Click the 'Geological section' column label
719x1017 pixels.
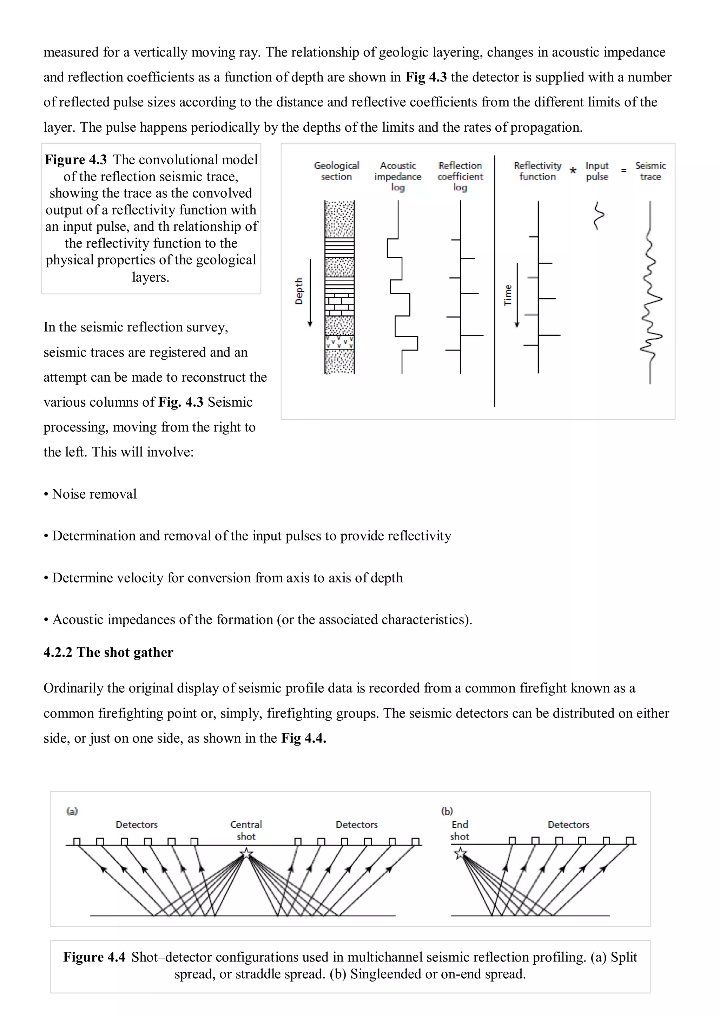click(336, 171)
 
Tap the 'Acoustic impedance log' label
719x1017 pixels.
click(397, 176)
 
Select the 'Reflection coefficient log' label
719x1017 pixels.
click(460, 176)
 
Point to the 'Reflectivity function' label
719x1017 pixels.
click(537, 171)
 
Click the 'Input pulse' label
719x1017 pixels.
click(597, 171)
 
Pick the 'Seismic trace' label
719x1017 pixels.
click(650, 171)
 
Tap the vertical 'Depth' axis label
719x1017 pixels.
click(299, 291)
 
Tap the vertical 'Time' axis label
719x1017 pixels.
click(508, 295)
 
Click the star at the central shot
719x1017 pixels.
click(246, 853)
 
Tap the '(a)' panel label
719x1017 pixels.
click(72, 811)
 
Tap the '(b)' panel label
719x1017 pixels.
click(447, 811)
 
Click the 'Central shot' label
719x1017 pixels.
click(246, 830)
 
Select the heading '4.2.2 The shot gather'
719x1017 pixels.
click(108, 652)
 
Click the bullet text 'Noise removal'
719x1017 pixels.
click(94, 494)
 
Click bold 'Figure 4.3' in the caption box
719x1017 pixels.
click(76, 159)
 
